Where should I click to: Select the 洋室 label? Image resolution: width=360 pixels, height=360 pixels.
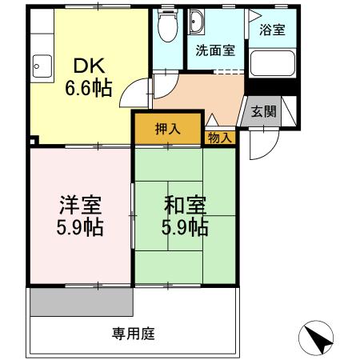click(78, 204)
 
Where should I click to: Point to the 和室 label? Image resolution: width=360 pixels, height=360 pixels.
click(184, 204)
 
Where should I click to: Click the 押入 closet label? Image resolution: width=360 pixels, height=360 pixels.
click(167, 128)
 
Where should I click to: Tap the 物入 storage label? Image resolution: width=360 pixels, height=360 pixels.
click(220, 138)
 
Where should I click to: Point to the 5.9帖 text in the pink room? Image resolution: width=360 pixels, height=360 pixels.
click(78, 228)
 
